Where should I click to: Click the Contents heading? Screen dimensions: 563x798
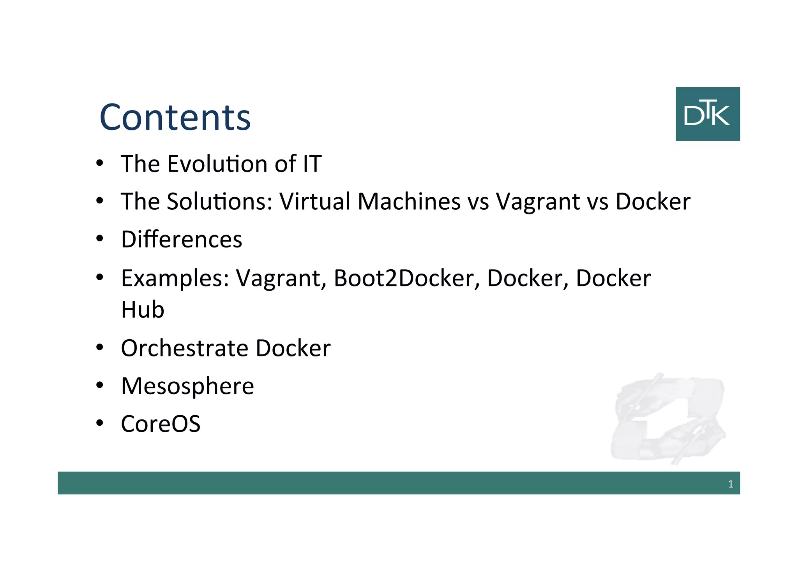tap(175, 117)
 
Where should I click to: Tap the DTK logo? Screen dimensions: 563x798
tap(708, 114)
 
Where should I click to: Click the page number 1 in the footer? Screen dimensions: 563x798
tap(731, 484)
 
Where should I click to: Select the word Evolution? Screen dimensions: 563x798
tap(217, 164)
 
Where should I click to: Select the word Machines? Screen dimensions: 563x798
tap(409, 202)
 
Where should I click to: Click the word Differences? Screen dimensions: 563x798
tap(182, 239)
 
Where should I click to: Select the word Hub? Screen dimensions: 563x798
tap(143, 310)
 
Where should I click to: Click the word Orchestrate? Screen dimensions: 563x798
tap(185, 348)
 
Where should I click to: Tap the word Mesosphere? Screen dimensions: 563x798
tap(187, 386)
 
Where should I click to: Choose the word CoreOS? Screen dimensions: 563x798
tap(161, 424)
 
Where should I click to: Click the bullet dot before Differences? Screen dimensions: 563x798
tap(100, 239)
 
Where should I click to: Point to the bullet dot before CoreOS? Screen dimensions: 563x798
tap(100, 423)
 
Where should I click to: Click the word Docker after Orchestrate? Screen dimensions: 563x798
tap(293, 348)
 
